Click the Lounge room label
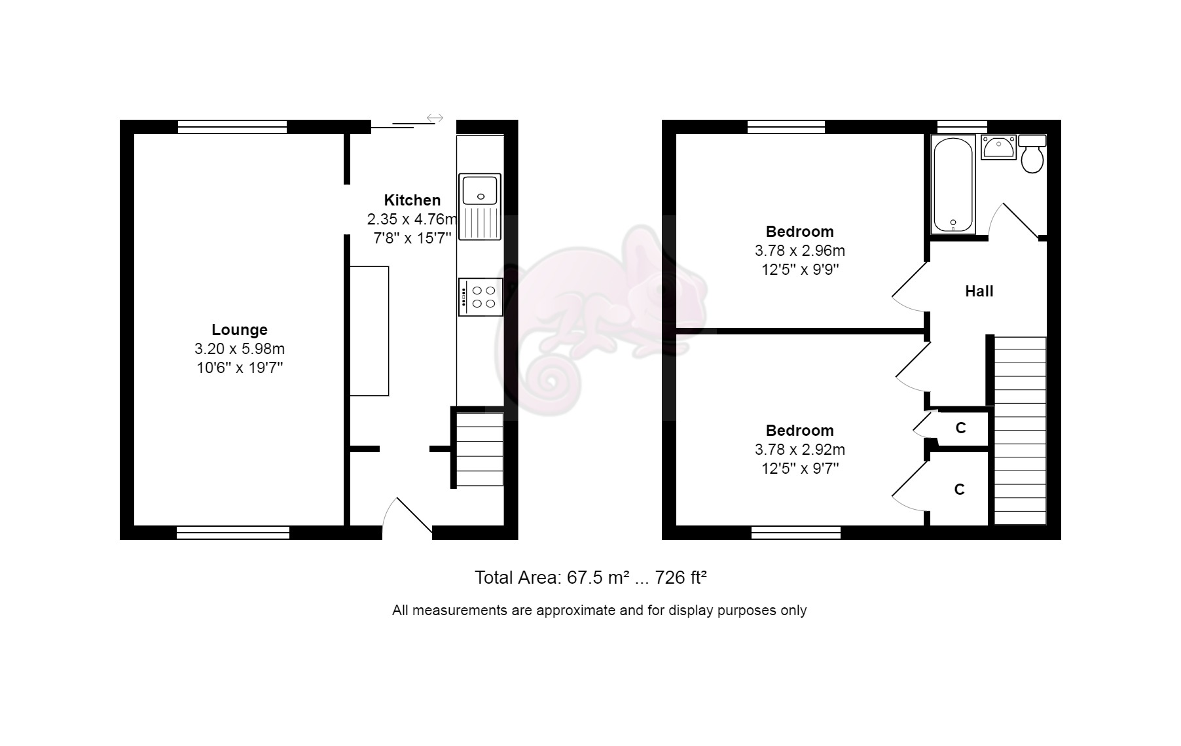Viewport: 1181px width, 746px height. [x=239, y=330]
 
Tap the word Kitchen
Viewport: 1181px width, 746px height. [x=412, y=200]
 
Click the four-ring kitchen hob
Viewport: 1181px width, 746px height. [x=481, y=297]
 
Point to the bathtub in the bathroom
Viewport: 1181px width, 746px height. [x=953, y=185]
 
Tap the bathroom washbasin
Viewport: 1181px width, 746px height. [x=998, y=147]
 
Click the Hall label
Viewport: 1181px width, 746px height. [x=979, y=291]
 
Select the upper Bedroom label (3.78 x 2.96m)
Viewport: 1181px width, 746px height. [x=799, y=232]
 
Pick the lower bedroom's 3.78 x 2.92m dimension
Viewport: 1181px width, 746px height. [x=799, y=450]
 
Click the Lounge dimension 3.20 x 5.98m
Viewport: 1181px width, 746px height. [x=239, y=349]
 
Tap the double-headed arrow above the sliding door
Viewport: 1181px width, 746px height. [x=435, y=118]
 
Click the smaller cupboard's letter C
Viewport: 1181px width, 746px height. [x=960, y=428]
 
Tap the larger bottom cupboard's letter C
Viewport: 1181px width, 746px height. [x=959, y=489]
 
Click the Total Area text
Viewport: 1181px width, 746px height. [x=590, y=578]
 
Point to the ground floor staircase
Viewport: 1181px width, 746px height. [x=479, y=449]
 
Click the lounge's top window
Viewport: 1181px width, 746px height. [x=232, y=127]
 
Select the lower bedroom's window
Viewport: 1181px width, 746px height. [x=795, y=533]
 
